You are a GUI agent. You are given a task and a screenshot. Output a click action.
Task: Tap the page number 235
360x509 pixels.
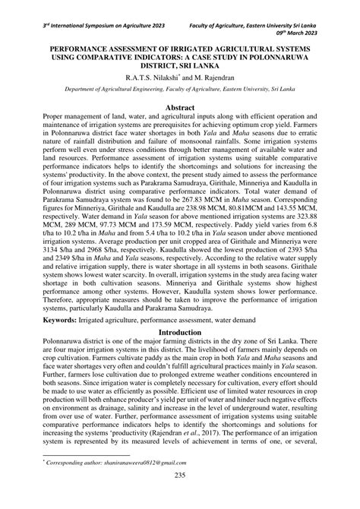(x=180, y=497)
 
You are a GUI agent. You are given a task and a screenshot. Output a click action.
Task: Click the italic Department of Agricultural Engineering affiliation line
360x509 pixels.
(x=180, y=90)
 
